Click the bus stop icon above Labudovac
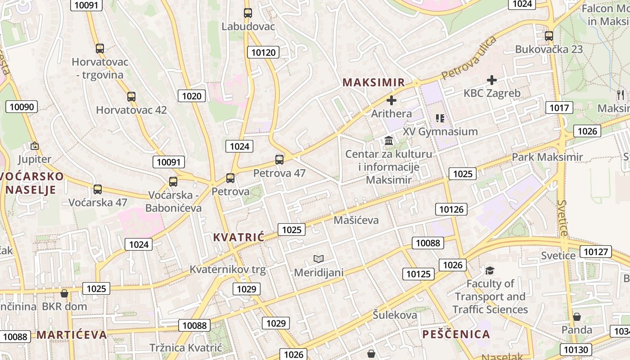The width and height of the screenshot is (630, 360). [248, 13]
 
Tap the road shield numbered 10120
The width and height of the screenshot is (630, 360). [263, 53]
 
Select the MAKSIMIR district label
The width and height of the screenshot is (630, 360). [373, 83]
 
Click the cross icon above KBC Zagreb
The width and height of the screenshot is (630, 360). [492, 81]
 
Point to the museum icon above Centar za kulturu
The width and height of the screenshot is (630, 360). [389, 141]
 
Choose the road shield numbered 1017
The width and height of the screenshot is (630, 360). [559, 108]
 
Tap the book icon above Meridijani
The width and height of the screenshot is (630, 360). [319, 259]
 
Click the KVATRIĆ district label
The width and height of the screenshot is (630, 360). [238, 237]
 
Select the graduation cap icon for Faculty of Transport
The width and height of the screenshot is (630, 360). [490, 270]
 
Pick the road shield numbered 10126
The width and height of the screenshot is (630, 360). [451, 209]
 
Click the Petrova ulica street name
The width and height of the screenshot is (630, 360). [469, 58]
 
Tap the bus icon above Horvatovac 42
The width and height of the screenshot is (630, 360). [131, 97]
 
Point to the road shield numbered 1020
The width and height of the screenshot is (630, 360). [192, 96]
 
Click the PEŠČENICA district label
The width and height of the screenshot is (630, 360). [456, 334]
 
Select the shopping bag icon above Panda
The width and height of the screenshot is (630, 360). [576, 317]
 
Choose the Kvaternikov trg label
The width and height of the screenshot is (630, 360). [228, 270]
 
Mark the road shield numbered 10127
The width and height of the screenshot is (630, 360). [596, 252]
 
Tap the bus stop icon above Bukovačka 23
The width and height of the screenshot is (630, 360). [549, 36]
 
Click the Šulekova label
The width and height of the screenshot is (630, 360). [395, 315]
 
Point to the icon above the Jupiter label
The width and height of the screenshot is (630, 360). [34, 146]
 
